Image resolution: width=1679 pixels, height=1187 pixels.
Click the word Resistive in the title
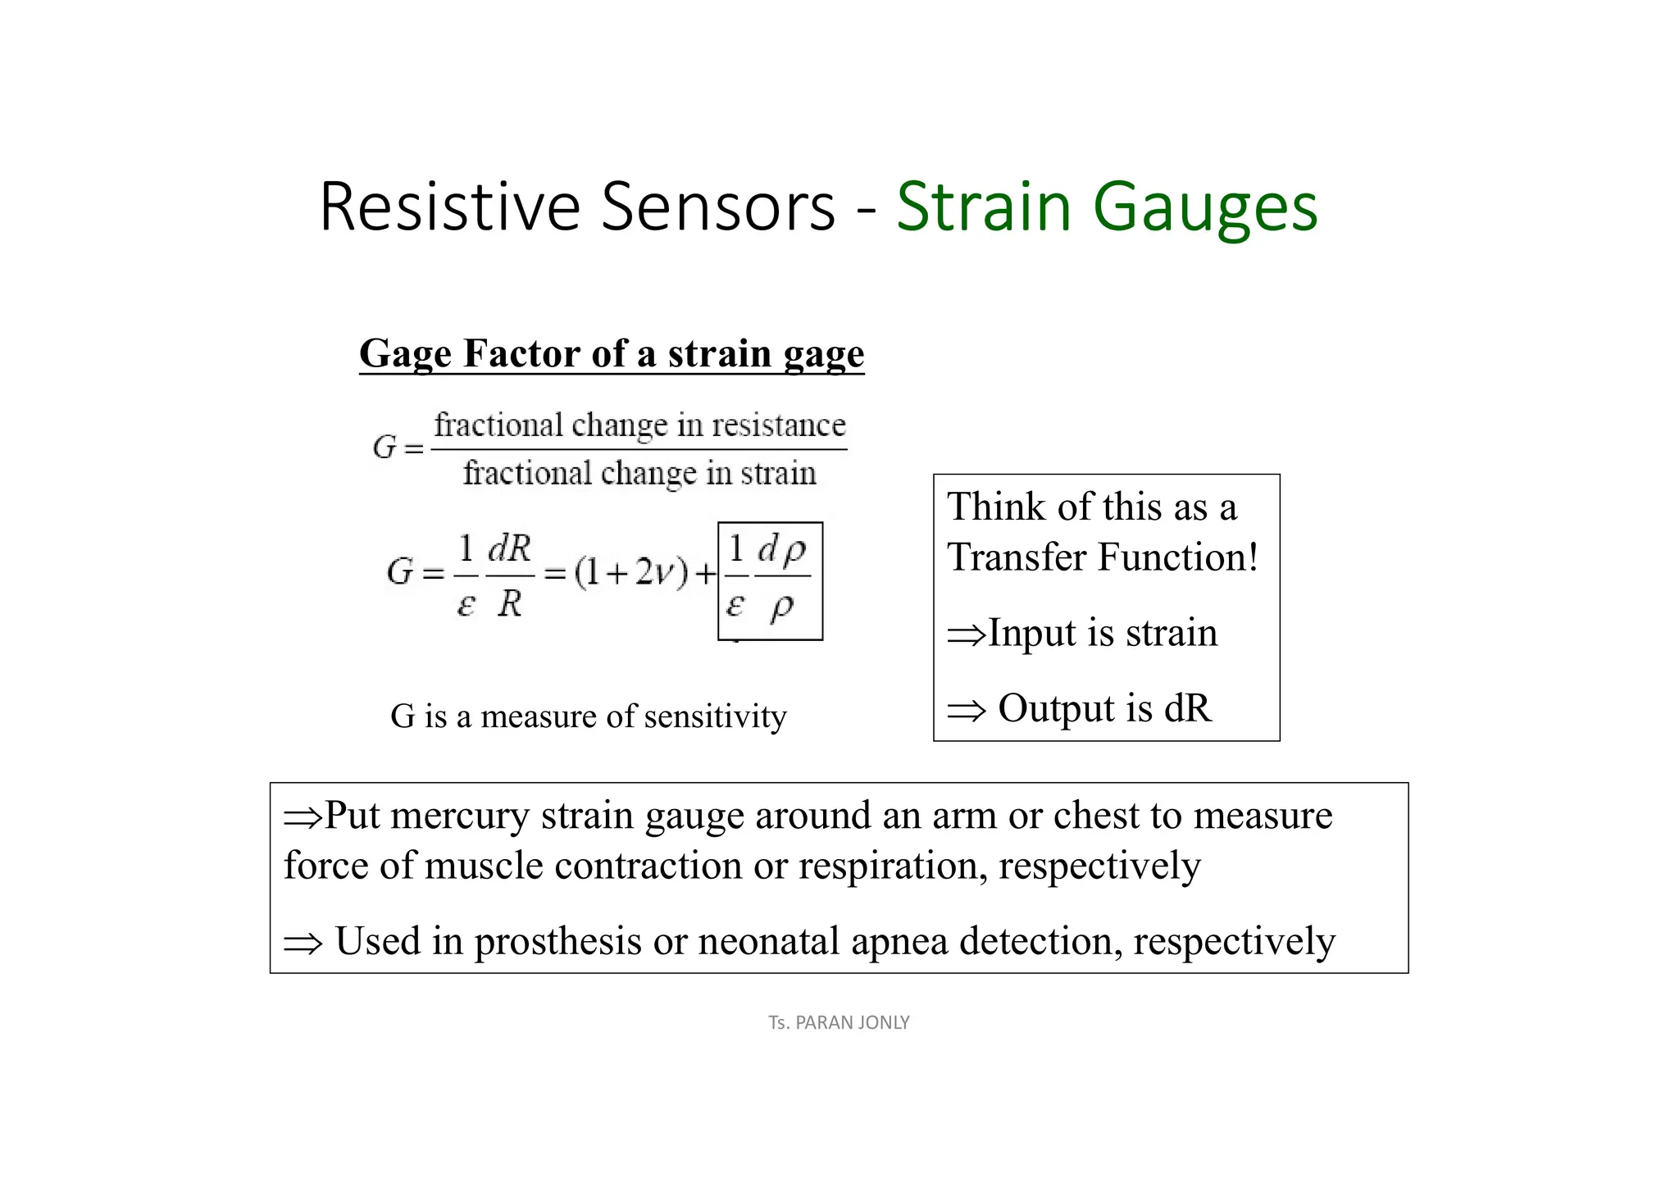pyautogui.click(x=449, y=207)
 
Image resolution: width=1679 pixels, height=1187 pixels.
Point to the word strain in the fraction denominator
pyautogui.click(x=778, y=474)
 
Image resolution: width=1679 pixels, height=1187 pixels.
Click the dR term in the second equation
pyautogui.click(x=509, y=549)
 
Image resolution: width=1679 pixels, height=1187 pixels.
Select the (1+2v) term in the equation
pyautogui.click(x=630, y=573)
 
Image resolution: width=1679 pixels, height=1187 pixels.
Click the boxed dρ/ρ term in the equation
pyautogui.click(x=781, y=578)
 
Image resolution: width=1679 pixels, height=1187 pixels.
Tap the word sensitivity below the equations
pyautogui.click(x=715, y=716)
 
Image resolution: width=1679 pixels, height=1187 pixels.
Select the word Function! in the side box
pyautogui.click(x=1177, y=557)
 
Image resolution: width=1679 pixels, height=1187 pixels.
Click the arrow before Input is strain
pyautogui.click(x=966, y=634)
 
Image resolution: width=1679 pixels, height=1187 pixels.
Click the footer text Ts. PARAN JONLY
pyautogui.click(x=839, y=1022)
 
